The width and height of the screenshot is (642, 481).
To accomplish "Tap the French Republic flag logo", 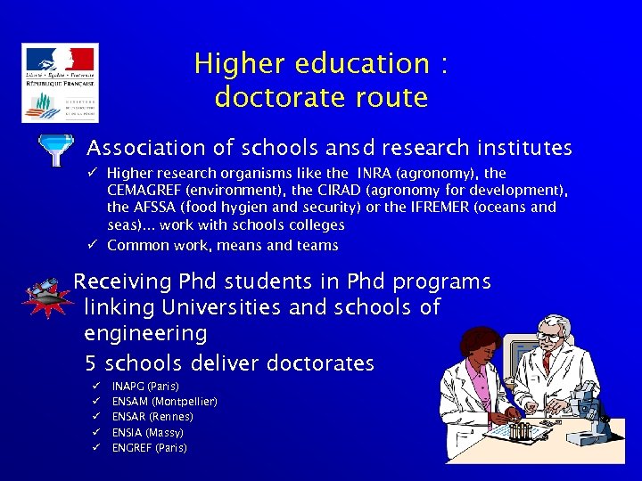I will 60,61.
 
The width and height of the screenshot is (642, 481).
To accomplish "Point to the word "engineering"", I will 145,334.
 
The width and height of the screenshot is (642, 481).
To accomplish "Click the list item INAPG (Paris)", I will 145,386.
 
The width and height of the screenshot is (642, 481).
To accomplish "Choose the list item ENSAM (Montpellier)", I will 164,401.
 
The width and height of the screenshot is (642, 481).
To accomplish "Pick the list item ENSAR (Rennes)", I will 152,416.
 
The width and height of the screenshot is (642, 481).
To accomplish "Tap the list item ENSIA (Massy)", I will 148,432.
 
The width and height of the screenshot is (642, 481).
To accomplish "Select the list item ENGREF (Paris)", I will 149,447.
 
